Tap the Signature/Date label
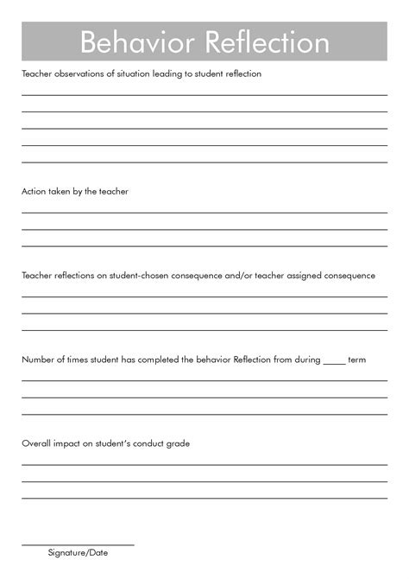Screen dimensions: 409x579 [78, 553]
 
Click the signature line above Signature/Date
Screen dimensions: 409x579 [78, 545]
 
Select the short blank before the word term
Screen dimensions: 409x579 [335, 361]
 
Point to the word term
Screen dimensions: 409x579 [357, 359]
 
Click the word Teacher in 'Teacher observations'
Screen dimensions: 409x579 [36, 74]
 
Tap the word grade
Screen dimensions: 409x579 [179, 443]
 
